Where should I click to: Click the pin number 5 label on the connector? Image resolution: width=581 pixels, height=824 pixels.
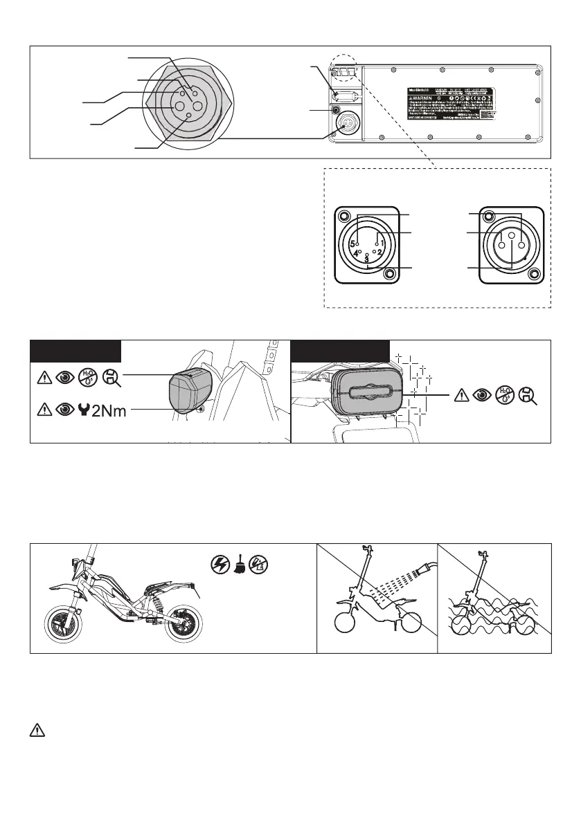click(x=352, y=244)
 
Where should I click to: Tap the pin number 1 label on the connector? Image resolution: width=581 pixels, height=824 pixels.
click(x=382, y=244)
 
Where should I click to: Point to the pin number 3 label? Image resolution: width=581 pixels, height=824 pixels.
click(x=366, y=259)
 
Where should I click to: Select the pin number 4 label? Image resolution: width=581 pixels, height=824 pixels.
click(x=356, y=254)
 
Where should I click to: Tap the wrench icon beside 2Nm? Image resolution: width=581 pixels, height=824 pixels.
click(x=84, y=410)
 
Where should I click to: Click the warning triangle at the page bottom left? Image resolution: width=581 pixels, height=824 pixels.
click(x=36, y=731)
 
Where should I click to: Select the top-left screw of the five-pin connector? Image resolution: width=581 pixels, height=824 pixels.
click(x=343, y=214)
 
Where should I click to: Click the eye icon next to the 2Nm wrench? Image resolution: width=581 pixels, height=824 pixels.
click(x=64, y=410)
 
